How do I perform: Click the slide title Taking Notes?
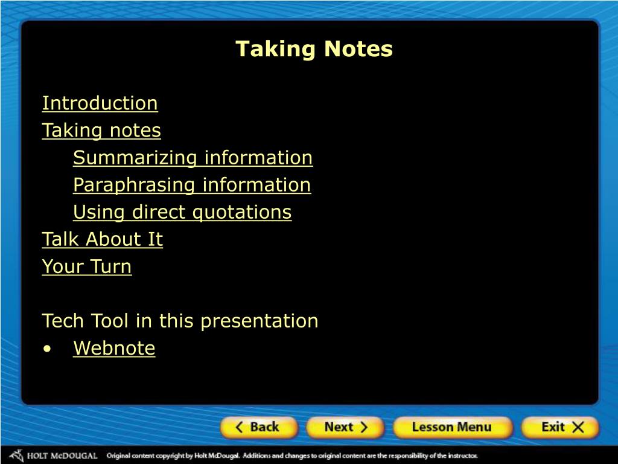tap(314, 49)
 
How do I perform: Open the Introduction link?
tap(100, 103)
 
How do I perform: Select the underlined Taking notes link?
tap(101, 130)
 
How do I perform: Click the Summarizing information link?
tap(193, 158)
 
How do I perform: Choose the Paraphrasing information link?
tap(192, 185)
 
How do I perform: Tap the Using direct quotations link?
tap(182, 212)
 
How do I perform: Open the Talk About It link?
tap(103, 239)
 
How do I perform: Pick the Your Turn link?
tap(87, 266)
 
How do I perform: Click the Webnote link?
tap(114, 348)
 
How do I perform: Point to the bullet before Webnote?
tap(48, 349)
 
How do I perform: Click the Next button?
tap(345, 427)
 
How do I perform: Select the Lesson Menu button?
tap(452, 427)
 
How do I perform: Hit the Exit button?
tap(560, 427)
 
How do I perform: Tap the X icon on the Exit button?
tap(578, 427)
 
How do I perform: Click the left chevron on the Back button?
tap(239, 427)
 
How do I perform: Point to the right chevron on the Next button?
tap(363, 427)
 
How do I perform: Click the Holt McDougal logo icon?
tap(17, 456)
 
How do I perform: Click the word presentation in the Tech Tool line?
tap(260, 321)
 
